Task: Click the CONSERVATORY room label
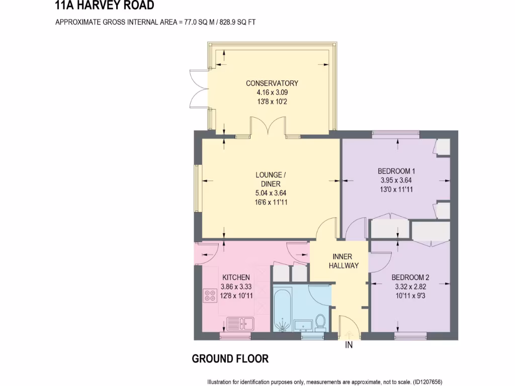point(272,83)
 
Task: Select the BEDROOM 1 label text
point(396,171)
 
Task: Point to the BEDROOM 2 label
point(410,277)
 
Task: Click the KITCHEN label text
point(236,277)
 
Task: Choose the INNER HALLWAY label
point(344,261)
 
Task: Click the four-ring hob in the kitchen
point(210,296)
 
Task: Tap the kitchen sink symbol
point(240,323)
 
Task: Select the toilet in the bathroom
point(320,322)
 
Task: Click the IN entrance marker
point(349,345)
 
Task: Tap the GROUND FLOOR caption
point(230,359)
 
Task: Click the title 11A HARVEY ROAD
point(104,6)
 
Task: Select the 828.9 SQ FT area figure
point(235,22)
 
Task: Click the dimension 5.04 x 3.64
point(271,193)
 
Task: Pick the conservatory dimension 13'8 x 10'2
point(272,102)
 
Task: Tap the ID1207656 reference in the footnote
point(428,381)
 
